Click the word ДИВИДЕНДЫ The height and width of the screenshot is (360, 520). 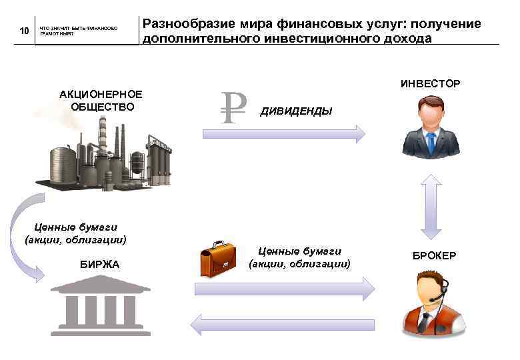(296, 111)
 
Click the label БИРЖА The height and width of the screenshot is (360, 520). (99, 265)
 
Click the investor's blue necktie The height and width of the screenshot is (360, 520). (431, 142)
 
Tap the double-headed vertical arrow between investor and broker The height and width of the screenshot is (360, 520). (431, 206)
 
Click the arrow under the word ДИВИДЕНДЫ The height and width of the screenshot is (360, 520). (283, 133)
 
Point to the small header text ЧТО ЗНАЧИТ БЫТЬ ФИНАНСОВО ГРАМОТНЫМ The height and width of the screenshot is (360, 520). (78, 31)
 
